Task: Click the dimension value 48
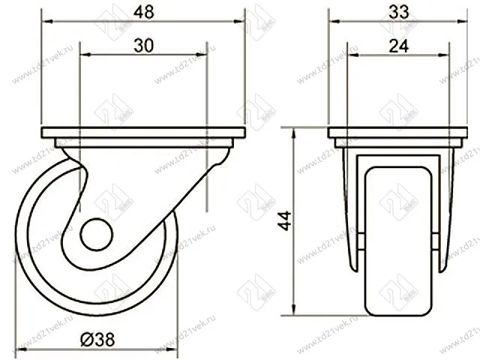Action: (x=143, y=13)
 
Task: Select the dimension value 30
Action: (x=143, y=46)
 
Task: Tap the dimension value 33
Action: (x=398, y=13)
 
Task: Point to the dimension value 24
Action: (x=398, y=46)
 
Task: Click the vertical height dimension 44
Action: (x=285, y=220)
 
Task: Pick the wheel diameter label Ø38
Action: (x=97, y=340)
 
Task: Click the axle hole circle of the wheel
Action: (x=97, y=235)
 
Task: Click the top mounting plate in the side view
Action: (x=143, y=133)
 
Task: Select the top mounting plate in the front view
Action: (x=398, y=133)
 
